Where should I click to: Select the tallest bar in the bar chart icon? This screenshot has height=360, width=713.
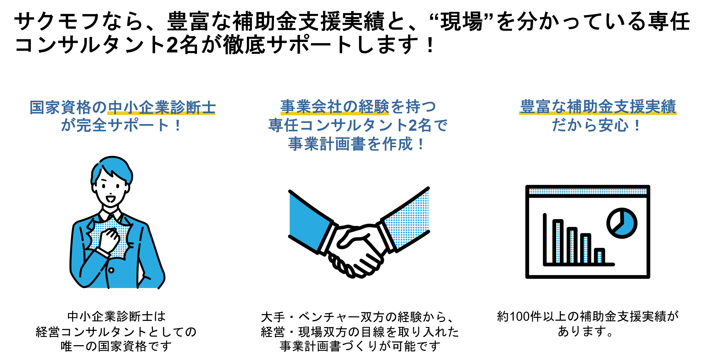coord(558,241)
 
